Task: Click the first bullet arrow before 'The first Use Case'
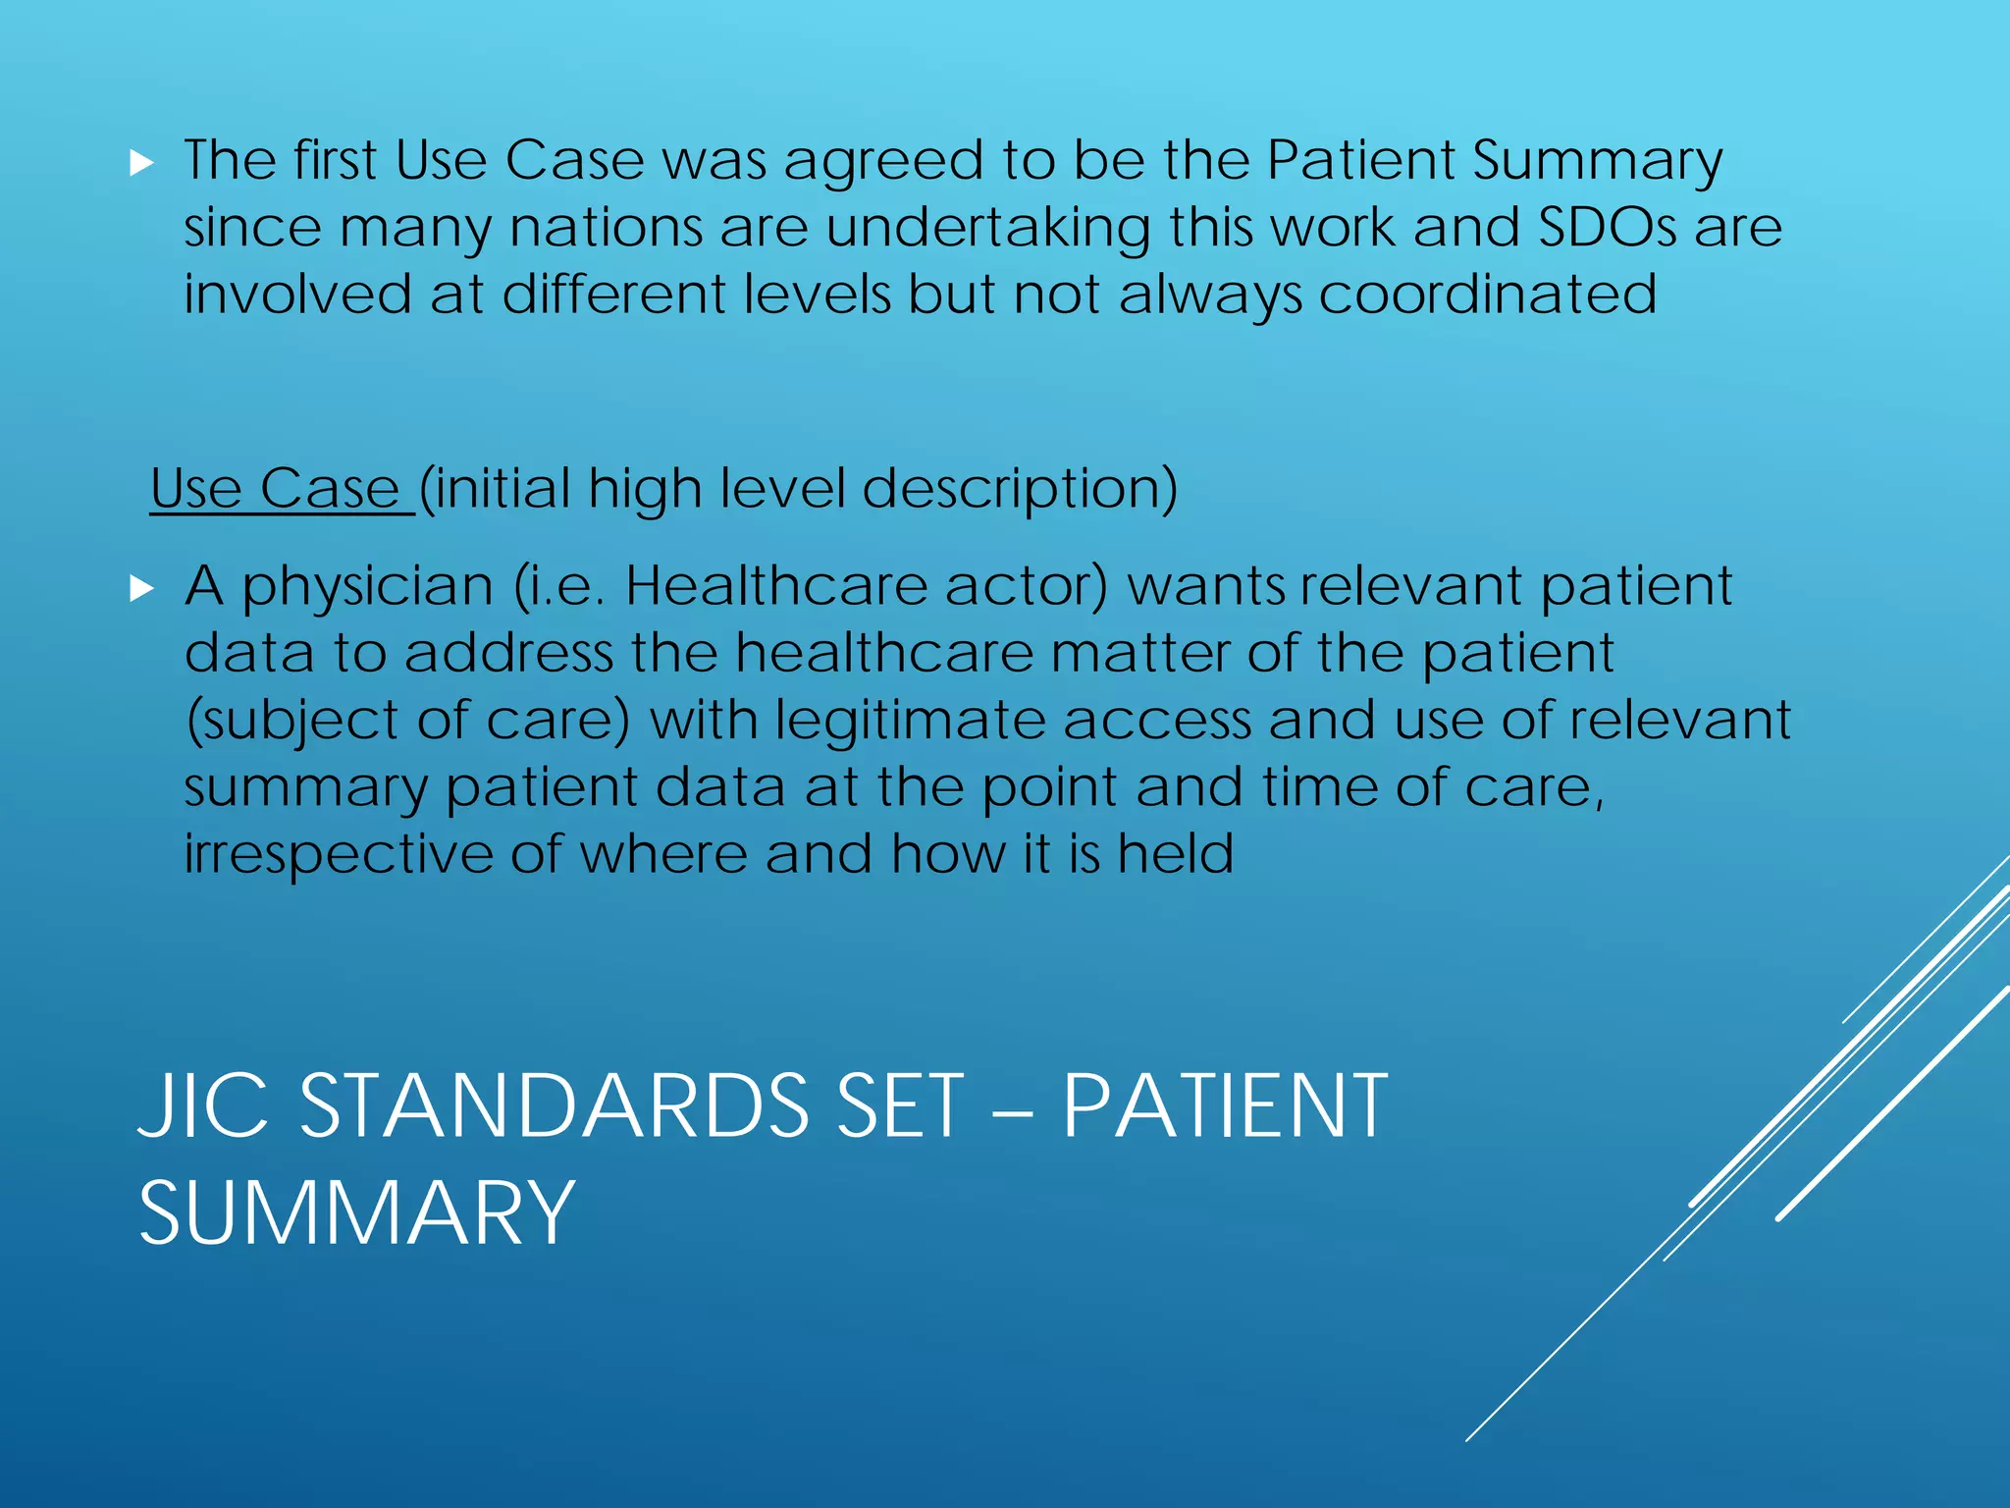(142, 163)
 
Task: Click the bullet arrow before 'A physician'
(142, 589)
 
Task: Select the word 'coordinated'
(1487, 295)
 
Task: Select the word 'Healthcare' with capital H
(776, 587)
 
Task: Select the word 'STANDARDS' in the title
(555, 1106)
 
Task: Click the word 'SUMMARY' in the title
(356, 1214)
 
